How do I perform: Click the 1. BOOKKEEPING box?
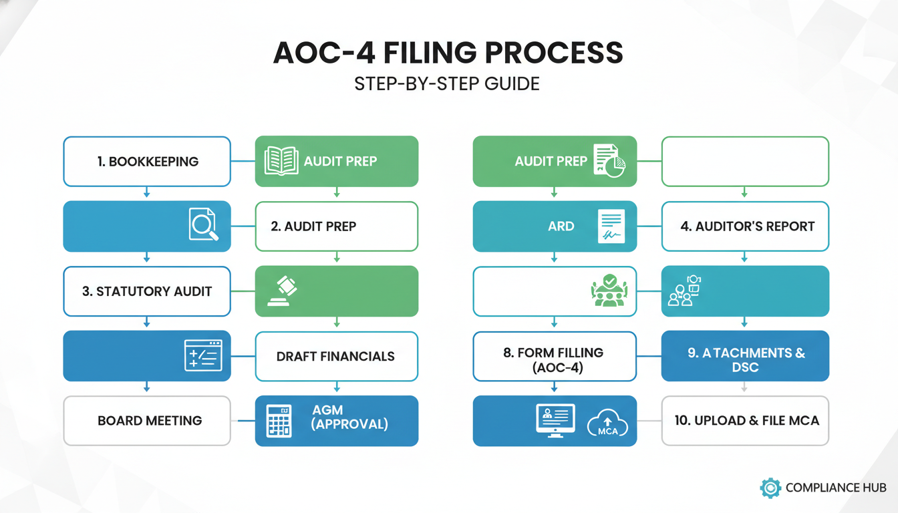click(147, 161)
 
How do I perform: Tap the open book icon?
click(281, 161)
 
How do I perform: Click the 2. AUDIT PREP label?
click(313, 226)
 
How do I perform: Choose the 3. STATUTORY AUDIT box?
click(147, 291)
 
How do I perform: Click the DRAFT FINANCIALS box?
click(336, 356)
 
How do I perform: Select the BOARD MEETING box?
click(147, 421)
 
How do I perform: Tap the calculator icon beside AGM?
click(279, 421)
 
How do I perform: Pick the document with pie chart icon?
click(609, 161)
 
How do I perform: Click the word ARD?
click(561, 226)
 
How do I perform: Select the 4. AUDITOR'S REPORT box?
click(745, 226)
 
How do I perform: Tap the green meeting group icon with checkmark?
click(609, 291)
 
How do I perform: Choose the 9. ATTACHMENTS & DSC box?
click(745, 356)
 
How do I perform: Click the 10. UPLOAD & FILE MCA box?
click(745, 421)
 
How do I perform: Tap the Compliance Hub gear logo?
click(770, 488)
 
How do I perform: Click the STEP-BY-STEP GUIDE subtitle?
click(448, 85)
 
